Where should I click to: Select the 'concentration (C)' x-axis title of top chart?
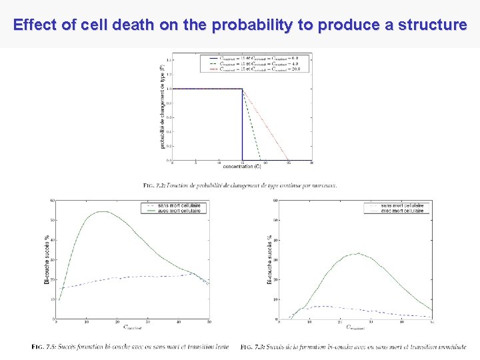241,166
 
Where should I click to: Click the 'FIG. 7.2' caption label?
153,185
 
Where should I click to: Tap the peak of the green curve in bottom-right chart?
359,253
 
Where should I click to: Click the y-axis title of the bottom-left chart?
46,260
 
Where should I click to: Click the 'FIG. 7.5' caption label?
41,346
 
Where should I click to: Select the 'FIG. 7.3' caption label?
251,346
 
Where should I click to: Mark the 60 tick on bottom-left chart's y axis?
52,200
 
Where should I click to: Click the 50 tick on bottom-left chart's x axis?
209,323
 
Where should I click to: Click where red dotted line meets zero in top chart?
288,160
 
